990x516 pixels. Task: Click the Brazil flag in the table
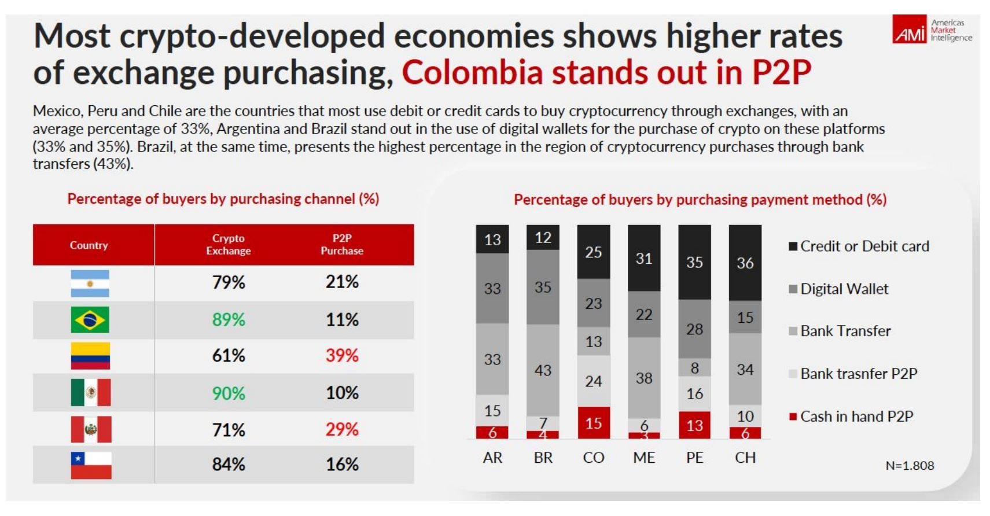pyautogui.click(x=90, y=320)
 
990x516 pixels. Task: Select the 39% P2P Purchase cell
pyautogui.click(x=342, y=355)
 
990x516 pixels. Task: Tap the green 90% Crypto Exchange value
pyautogui.click(x=229, y=393)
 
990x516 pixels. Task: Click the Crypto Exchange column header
pyautogui.click(x=229, y=245)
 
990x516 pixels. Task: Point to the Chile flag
pyautogui.click(x=91, y=465)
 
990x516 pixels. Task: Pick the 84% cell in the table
pyautogui.click(x=229, y=464)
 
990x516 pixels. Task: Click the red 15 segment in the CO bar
pyautogui.click(x=593, y=423)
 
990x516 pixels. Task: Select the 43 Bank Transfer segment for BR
pyautogui.click(x=543, y=370)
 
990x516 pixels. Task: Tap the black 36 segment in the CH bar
pyautogui.click(x=745, y=263)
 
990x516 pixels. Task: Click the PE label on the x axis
pyautogui.click(x=694, y=458)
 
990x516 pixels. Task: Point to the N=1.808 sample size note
pyautogui.click(x=910, y=466)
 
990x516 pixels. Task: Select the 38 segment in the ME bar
pyautogui.click(x=644, y=378)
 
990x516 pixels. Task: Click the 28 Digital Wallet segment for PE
pyautogui.click(x=694, y=329)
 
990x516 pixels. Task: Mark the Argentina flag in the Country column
pyautogui.click(x=90, y=283)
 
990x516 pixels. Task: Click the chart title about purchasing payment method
pyautogui.click(x=700, y=200)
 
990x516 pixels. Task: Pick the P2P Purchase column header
pyautogui.click(x=342, y=245)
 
